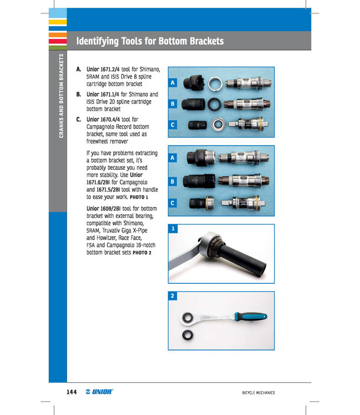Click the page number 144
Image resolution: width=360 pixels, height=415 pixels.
point(70,392)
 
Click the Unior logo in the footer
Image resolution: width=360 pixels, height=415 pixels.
point(100,392)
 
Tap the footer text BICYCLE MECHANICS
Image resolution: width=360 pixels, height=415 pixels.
point(258,393)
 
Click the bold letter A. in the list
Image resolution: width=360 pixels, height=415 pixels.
point(79,69)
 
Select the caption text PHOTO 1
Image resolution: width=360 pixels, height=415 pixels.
point(138,196)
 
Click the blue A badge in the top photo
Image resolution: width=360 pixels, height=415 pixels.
point(173,82)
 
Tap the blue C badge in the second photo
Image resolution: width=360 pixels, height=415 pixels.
point(173,203)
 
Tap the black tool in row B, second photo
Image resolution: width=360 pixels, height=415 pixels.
point(198,180)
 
